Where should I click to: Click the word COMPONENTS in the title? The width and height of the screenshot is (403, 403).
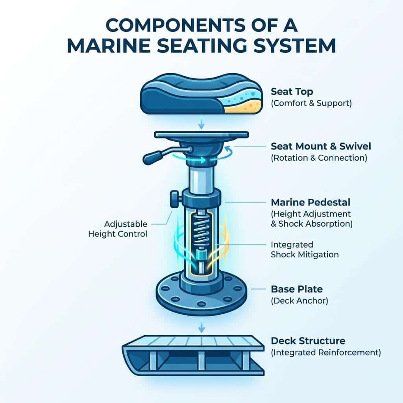pos(176,25)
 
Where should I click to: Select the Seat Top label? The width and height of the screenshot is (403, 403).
pos(292,91)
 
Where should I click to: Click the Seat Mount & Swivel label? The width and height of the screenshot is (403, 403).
pos(321,146)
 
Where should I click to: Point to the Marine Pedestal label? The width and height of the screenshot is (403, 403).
pos(311,202)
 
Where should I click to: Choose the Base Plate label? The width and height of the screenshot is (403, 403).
pos(297,289)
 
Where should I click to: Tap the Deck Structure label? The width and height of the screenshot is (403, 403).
pos(308,341)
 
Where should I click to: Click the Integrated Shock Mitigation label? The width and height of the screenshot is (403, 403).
pos(305,250)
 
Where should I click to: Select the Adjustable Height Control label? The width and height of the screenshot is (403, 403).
pos(118,229)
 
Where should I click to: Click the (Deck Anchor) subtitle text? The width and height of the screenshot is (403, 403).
pos(299,301)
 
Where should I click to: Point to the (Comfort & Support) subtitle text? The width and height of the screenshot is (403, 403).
pos(311,104)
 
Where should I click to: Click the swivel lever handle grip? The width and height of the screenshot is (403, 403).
pos(153,157)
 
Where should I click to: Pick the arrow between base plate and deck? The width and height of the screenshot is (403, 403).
pos(202,325)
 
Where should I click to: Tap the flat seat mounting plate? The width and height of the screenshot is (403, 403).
pos(201,135)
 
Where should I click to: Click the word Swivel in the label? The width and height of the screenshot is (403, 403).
pos(355,146)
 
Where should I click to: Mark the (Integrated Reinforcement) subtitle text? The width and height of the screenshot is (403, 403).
pos(326,352)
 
